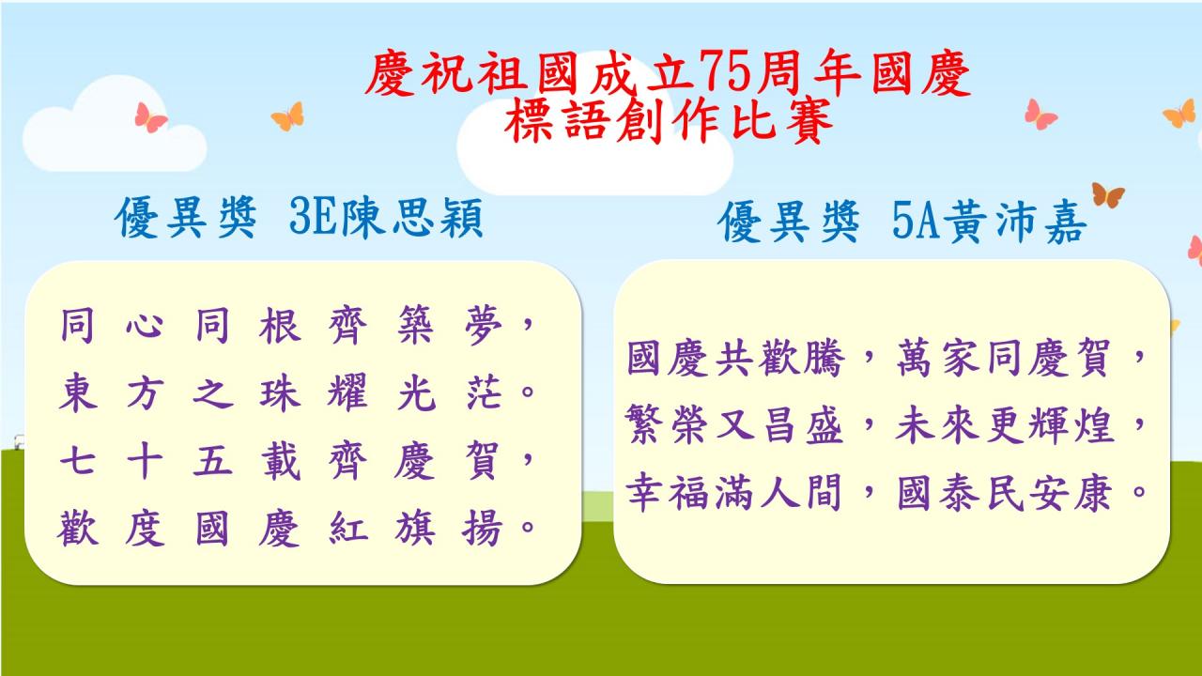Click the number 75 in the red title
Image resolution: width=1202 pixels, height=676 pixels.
pos(723,72)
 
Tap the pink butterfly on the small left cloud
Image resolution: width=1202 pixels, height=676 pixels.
pos(150,117)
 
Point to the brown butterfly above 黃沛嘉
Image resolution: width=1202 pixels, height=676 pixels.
pos(1107,194)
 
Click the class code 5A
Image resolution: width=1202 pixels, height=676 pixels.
pos(917,222)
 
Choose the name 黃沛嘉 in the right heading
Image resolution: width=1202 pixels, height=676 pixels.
pos(1015,222)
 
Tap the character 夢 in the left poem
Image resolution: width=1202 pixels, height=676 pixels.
pos(484,325)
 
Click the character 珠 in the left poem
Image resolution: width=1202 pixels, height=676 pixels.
pos(280,392)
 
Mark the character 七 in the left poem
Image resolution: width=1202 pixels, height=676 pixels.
pos(78,460)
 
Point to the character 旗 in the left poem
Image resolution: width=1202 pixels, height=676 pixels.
pos(415,528)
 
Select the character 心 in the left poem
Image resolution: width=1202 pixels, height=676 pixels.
pos(145,325)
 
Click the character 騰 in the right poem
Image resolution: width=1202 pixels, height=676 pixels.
pos(824,358)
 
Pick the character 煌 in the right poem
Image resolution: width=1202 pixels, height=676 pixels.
pos(1093,424)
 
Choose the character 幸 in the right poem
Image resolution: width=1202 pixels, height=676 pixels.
pos(645,491)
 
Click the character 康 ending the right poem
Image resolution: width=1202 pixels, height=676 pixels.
pos(1093,491)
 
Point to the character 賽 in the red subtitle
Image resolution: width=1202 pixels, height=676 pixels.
pos(809,121)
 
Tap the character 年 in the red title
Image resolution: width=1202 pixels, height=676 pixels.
pos(838,72)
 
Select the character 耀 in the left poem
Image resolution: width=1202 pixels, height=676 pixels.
pos(347,392)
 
